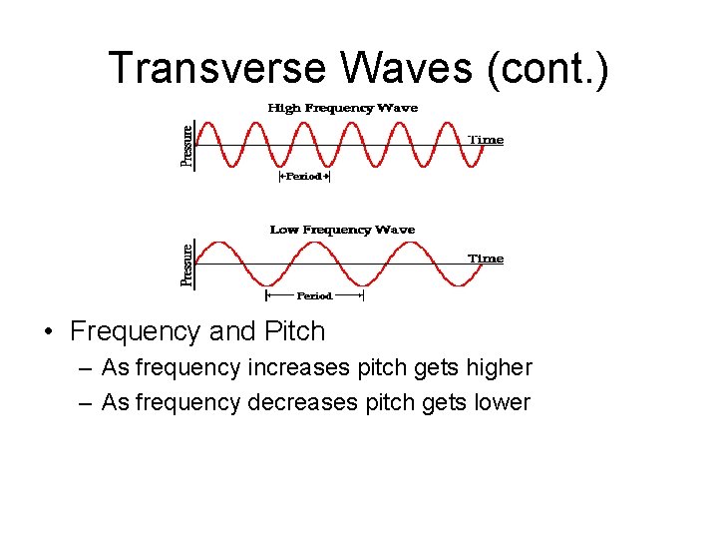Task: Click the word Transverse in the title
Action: (216, 69)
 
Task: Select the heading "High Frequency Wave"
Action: (342, 108)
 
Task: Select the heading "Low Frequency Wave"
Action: (342, 230)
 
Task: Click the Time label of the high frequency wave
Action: (486, 140)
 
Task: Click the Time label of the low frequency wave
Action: (486, 259)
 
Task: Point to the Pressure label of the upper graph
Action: (186, 144)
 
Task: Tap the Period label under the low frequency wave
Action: (314, 295)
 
